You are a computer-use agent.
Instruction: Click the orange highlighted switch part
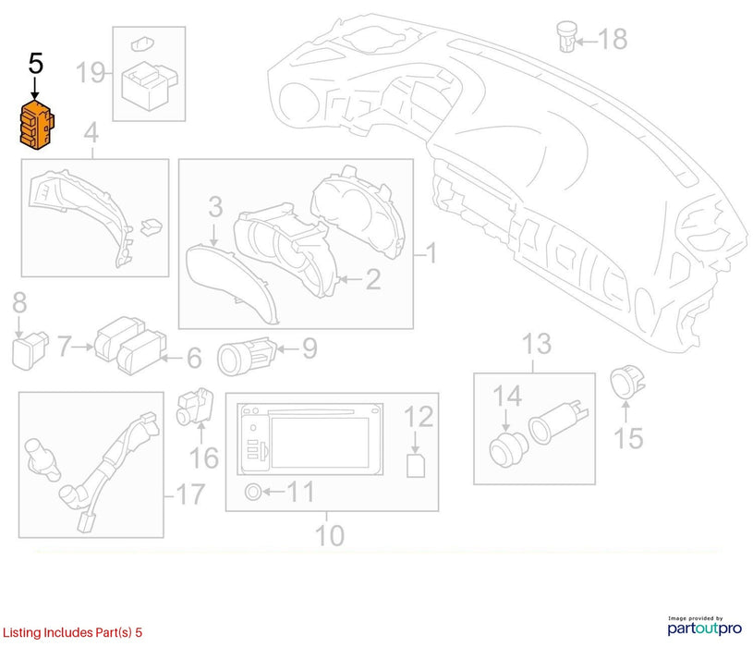tap(37, 125)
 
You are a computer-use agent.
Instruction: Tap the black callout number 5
tap(35, 64)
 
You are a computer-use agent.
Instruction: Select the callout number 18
tap(613, 39)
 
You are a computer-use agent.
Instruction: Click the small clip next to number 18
tap(567, 36)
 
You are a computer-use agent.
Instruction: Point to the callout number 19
tap(91, 72)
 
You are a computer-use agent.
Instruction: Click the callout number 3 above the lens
tap(215, 206)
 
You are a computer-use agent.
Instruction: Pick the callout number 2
tap(373, 279)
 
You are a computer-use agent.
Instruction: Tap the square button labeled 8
tap(30, 350)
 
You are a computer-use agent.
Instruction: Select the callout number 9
tap(310, 348)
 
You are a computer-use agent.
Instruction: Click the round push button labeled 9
tap(247, 356)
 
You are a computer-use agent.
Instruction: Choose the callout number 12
tap(419, 417)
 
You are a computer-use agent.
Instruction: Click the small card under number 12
tap(416, 465)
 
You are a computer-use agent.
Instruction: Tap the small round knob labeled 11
tap(253, 493)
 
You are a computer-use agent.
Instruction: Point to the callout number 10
tap(330, 535)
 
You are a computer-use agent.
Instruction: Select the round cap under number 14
tap(508, 449)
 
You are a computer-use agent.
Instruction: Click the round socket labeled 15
tap(627, 382)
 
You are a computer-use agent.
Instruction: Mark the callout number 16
tap(204, 458)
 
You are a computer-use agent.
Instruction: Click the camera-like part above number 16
tap(195, 408)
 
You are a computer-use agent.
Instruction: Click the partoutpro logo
tap(705, 627)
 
